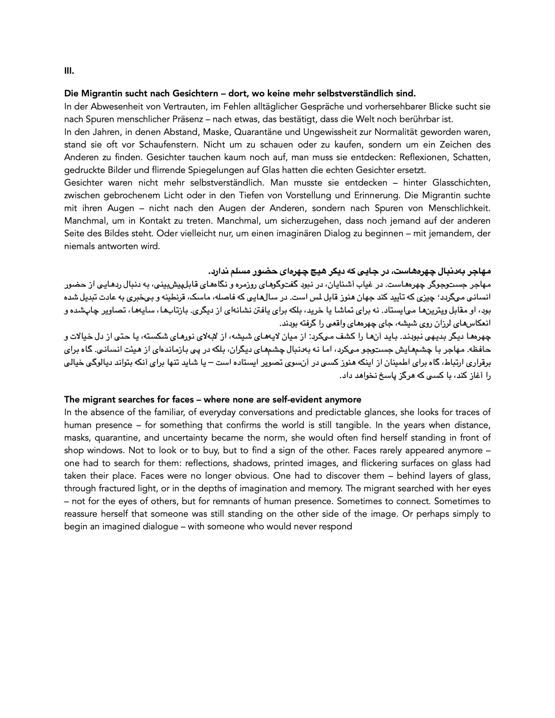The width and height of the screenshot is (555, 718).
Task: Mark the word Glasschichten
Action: click(461, 183)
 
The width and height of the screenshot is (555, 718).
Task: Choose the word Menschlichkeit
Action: click(462, 208)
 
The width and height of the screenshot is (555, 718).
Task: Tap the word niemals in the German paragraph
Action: click(79, 246)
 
